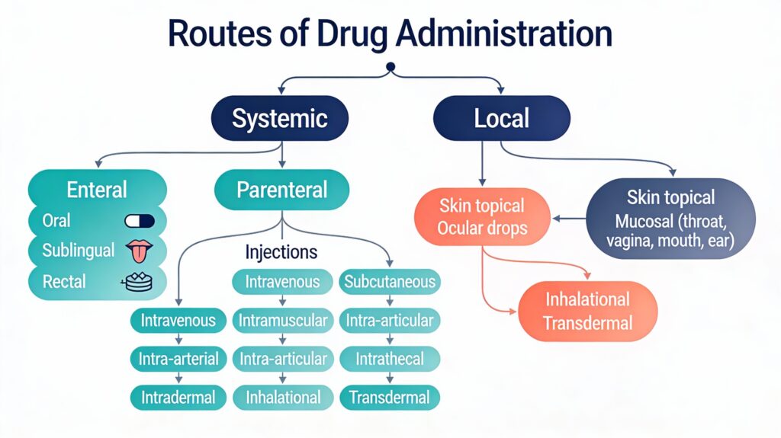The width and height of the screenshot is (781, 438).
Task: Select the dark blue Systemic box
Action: click(x=279, y=118)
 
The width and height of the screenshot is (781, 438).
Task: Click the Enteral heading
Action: click(x=97, y=190)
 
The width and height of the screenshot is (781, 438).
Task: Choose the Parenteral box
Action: click(x=281, y=190)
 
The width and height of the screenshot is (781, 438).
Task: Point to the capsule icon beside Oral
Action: click(x=139, y=221)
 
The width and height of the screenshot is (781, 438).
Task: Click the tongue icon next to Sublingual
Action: click(x=139, y=251)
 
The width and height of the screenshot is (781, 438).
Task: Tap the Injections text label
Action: click(x=281, y=251)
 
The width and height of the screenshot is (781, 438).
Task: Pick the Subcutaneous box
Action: click(x=390, y=282)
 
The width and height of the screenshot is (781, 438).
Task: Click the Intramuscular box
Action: click(x=282, y=320)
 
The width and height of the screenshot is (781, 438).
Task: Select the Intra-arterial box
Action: click(x=178, y=359)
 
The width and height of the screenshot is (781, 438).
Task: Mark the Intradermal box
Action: click(x=178, y=397)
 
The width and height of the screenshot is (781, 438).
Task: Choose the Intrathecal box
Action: click(x=390, y=359)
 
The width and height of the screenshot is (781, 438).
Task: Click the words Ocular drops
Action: click(x=481, y=227)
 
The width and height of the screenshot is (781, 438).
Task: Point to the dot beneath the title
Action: click(x=390, y=67)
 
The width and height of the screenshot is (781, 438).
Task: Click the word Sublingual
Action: click(x=79, y=251)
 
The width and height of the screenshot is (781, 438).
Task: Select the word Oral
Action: click(x=56, y=221)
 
